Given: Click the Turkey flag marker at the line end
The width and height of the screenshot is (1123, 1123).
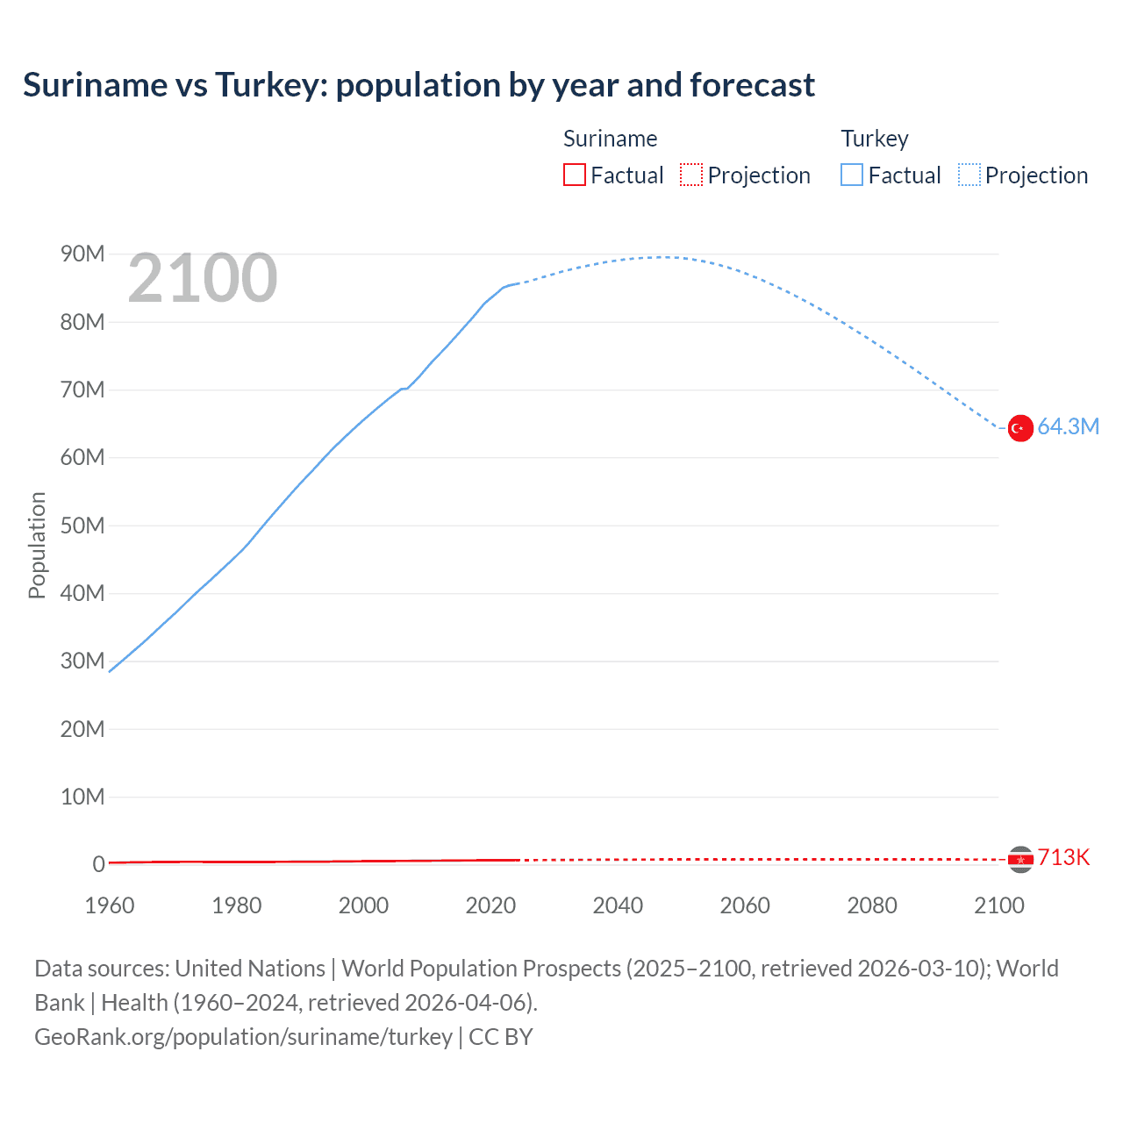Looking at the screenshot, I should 1019,428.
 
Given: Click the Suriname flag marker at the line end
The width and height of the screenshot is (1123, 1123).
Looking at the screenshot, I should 1019,859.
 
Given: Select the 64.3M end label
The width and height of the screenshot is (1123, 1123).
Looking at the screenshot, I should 1068,427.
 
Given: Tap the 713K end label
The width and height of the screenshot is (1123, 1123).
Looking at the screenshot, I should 1063,858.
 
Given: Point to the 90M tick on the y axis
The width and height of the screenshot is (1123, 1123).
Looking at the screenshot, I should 82,254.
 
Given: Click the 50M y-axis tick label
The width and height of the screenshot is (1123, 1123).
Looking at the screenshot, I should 82,526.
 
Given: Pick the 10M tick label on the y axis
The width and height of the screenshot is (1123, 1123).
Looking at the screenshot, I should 82,797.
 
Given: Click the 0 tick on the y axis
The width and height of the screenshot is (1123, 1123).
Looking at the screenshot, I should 98,864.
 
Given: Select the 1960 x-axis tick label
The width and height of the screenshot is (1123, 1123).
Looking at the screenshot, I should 110,905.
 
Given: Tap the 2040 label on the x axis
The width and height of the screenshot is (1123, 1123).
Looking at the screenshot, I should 618,905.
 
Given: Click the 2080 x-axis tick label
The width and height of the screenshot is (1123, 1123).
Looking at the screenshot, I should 872,905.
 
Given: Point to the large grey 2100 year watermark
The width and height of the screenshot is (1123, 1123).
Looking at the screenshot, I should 203,279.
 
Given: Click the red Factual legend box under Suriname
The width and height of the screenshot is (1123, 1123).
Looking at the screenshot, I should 575,175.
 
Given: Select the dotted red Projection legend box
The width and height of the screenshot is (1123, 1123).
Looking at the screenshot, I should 691,175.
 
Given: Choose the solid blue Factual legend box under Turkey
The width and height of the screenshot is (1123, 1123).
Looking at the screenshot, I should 852,175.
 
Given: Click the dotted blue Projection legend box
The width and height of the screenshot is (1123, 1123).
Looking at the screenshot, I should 969,175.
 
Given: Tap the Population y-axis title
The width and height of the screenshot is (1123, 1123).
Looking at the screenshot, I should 37,545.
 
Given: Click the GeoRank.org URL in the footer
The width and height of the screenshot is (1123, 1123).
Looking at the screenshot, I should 243,1037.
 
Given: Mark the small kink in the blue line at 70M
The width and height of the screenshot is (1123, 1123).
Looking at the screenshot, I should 404,388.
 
